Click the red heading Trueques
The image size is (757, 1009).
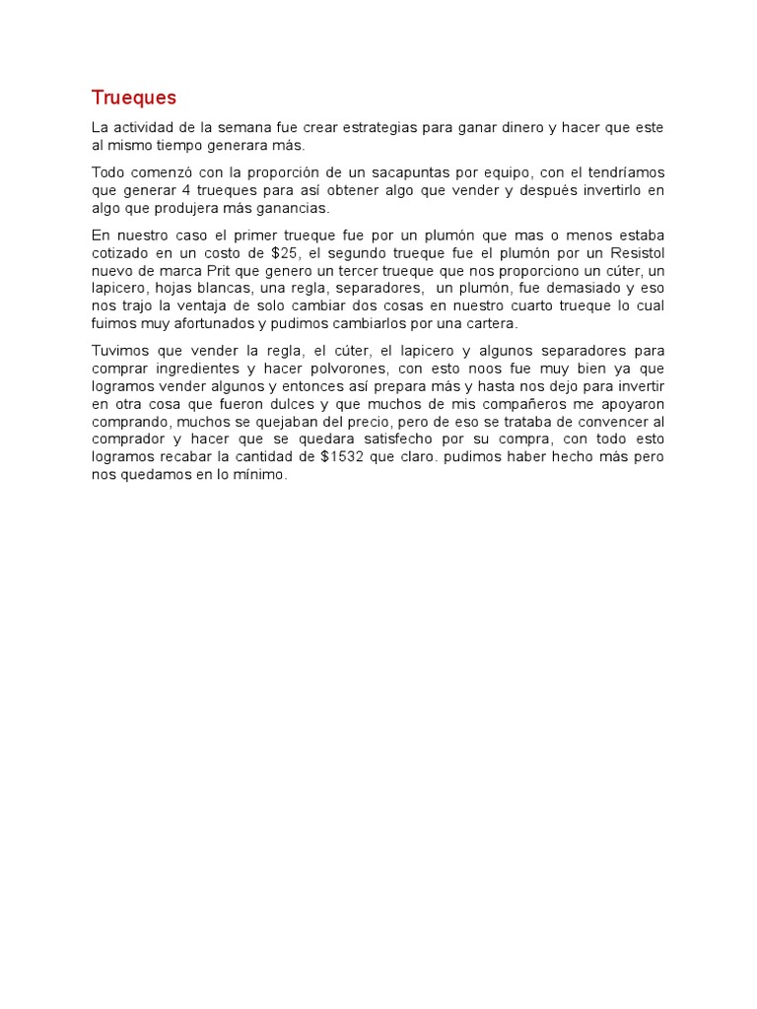pyautogui.click(x=134, y=98)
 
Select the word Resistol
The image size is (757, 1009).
pyautogui.click(x=633, y=252)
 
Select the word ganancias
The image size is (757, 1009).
pyautogui.click(x=293, y=208)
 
